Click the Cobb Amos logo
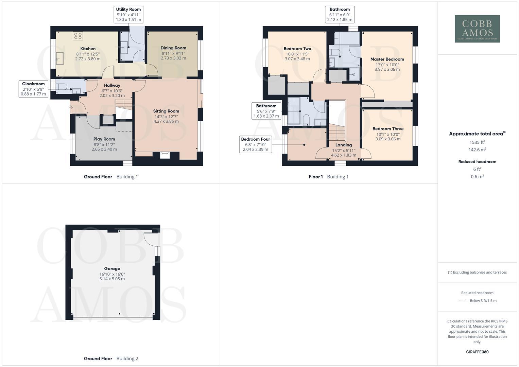point(477,29)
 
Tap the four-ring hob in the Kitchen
point(78,36)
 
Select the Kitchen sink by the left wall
point(60,58)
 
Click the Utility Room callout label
point(128,14)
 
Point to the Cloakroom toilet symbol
point(62,87)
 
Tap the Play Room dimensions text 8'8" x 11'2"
point(104,144)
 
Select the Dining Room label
point(173,48)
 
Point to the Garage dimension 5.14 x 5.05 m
point(112,279)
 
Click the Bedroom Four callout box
point(255,144)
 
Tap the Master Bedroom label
point(387,59)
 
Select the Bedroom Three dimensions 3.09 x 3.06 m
point(387,139)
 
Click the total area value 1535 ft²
point(477,142)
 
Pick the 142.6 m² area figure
point(477,150)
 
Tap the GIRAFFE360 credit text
point(477,352)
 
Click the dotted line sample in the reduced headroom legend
point(463,301)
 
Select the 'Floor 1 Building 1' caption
point(328,177)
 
